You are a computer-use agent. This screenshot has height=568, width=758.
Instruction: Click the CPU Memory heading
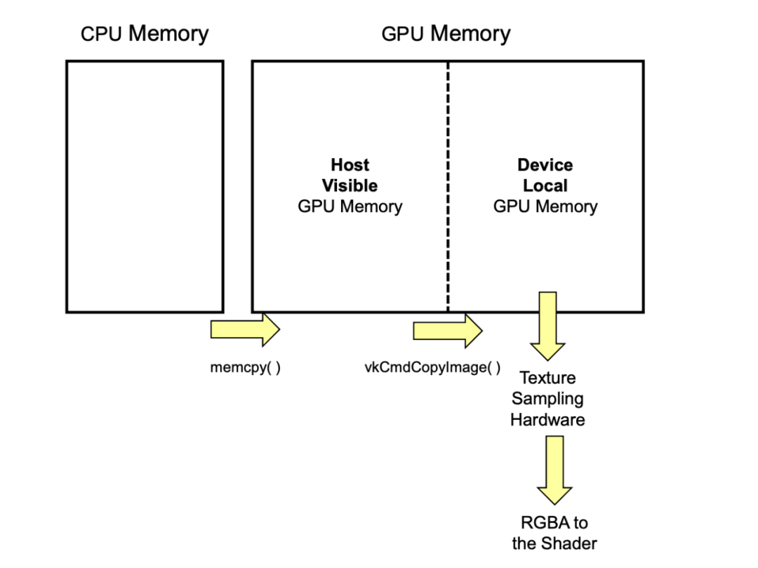click(145, 34)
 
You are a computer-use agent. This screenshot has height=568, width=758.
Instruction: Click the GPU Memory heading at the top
click(446, 34)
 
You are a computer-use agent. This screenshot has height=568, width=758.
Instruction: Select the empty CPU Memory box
click(145, 186)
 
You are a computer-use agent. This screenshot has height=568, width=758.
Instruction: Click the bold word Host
click(350, 165)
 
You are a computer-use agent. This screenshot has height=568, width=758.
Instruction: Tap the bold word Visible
click(350, 186)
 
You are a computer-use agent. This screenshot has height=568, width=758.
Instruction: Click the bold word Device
click(545, 165)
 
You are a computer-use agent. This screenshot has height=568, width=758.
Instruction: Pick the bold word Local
click(545, 186)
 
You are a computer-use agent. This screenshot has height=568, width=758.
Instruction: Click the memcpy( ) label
click(245, 368)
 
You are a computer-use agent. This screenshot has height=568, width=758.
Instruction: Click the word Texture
click(547, 378)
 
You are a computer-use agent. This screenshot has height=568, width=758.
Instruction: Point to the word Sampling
click(547, 399)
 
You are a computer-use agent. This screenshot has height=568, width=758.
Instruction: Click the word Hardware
click(547, 420)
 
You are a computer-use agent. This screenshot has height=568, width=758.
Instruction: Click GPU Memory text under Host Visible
click(350, 206)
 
